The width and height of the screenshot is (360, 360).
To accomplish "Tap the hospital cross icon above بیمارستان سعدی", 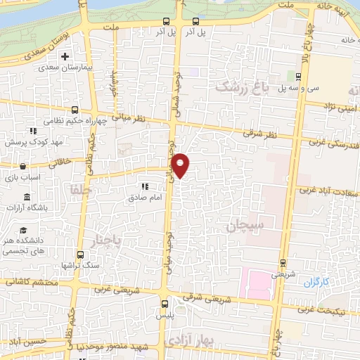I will (65, 56).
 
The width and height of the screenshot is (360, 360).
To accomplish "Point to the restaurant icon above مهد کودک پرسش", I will (33, 131).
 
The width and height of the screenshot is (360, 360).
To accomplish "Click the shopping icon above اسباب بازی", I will (23, 167).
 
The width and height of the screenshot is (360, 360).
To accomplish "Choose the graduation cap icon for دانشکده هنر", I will (23, 231).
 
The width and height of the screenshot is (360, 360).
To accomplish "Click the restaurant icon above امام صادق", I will (145, 186).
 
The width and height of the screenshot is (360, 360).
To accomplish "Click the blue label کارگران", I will (316, 282).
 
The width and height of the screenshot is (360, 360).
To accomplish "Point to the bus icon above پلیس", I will (165, 304).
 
